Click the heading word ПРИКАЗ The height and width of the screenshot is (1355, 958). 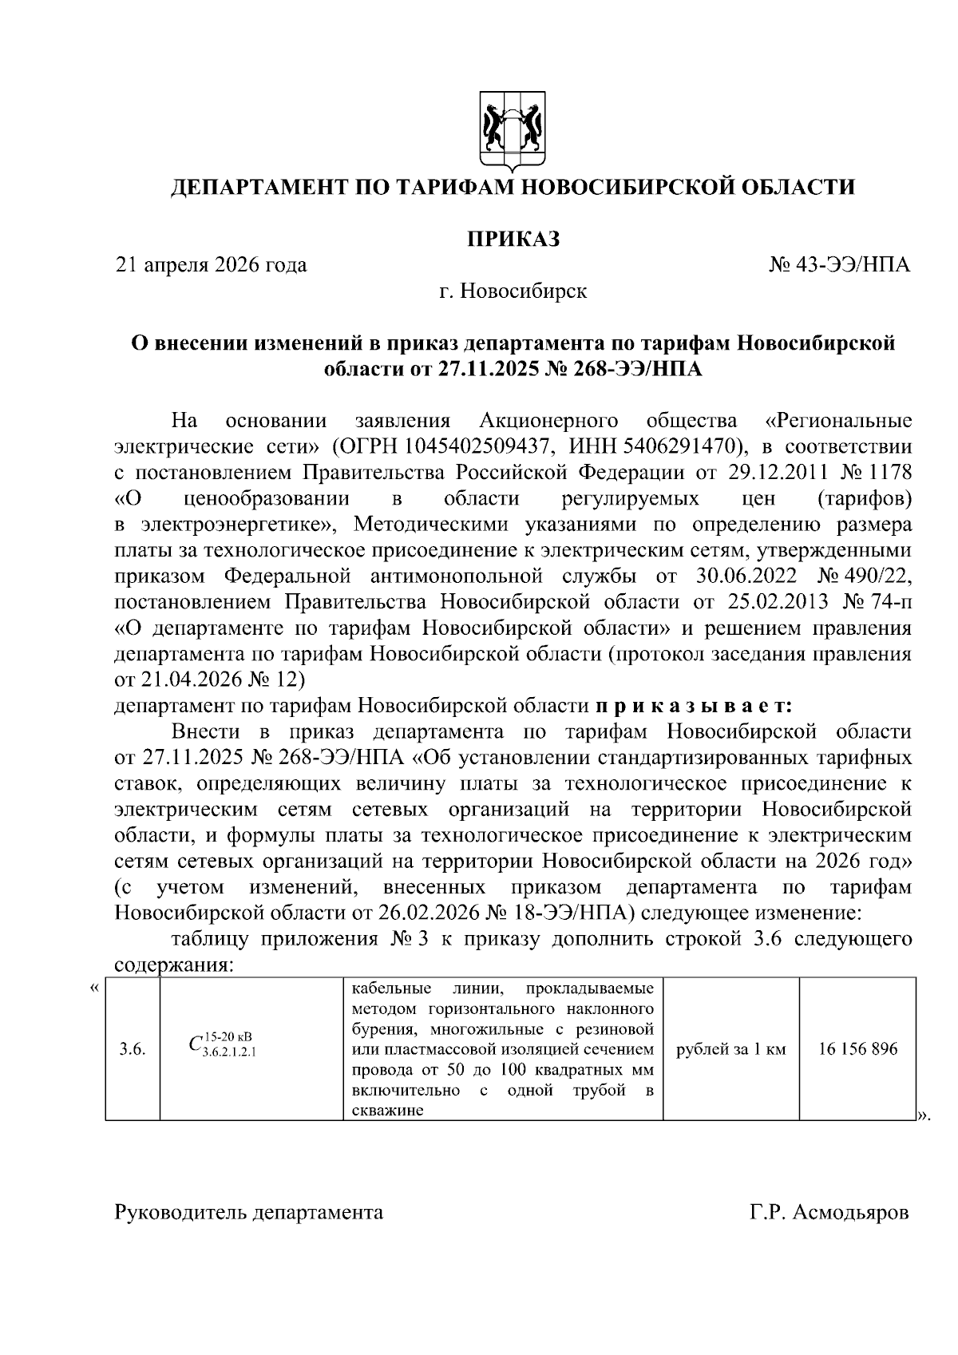pos(513,239)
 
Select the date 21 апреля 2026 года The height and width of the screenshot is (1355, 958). pos(212,265)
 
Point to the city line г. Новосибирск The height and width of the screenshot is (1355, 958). pos(513,291)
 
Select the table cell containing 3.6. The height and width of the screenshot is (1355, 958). pos(132,1049)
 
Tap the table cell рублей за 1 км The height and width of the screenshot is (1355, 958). pos(730,1049)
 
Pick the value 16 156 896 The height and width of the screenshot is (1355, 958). pos(857,1049)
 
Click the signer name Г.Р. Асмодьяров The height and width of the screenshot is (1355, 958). pos(829,1213)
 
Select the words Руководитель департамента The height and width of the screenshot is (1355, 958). pos(249,1213)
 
